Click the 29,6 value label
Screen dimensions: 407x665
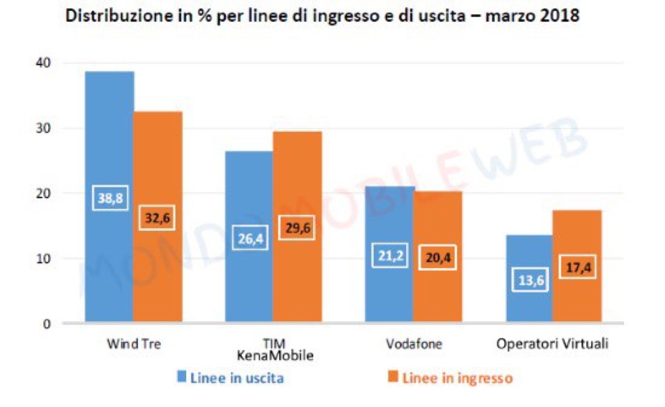(296, 228)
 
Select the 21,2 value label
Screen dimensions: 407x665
(389, 256)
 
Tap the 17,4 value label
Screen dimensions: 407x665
(576, 267)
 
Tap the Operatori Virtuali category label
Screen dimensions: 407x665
(553, 344)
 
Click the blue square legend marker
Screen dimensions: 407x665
(181, 378)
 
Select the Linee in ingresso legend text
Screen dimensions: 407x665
(457, 378)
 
